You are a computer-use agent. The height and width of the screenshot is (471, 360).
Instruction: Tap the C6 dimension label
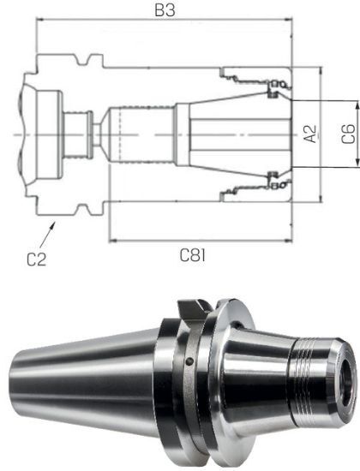click(346, 134)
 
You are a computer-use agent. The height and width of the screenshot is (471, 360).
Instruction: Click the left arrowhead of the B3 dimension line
click(39, 23)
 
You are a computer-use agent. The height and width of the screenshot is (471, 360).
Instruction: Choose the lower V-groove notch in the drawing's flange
click(84, 209)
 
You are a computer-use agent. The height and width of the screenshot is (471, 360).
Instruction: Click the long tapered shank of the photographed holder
click(86, 377)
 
